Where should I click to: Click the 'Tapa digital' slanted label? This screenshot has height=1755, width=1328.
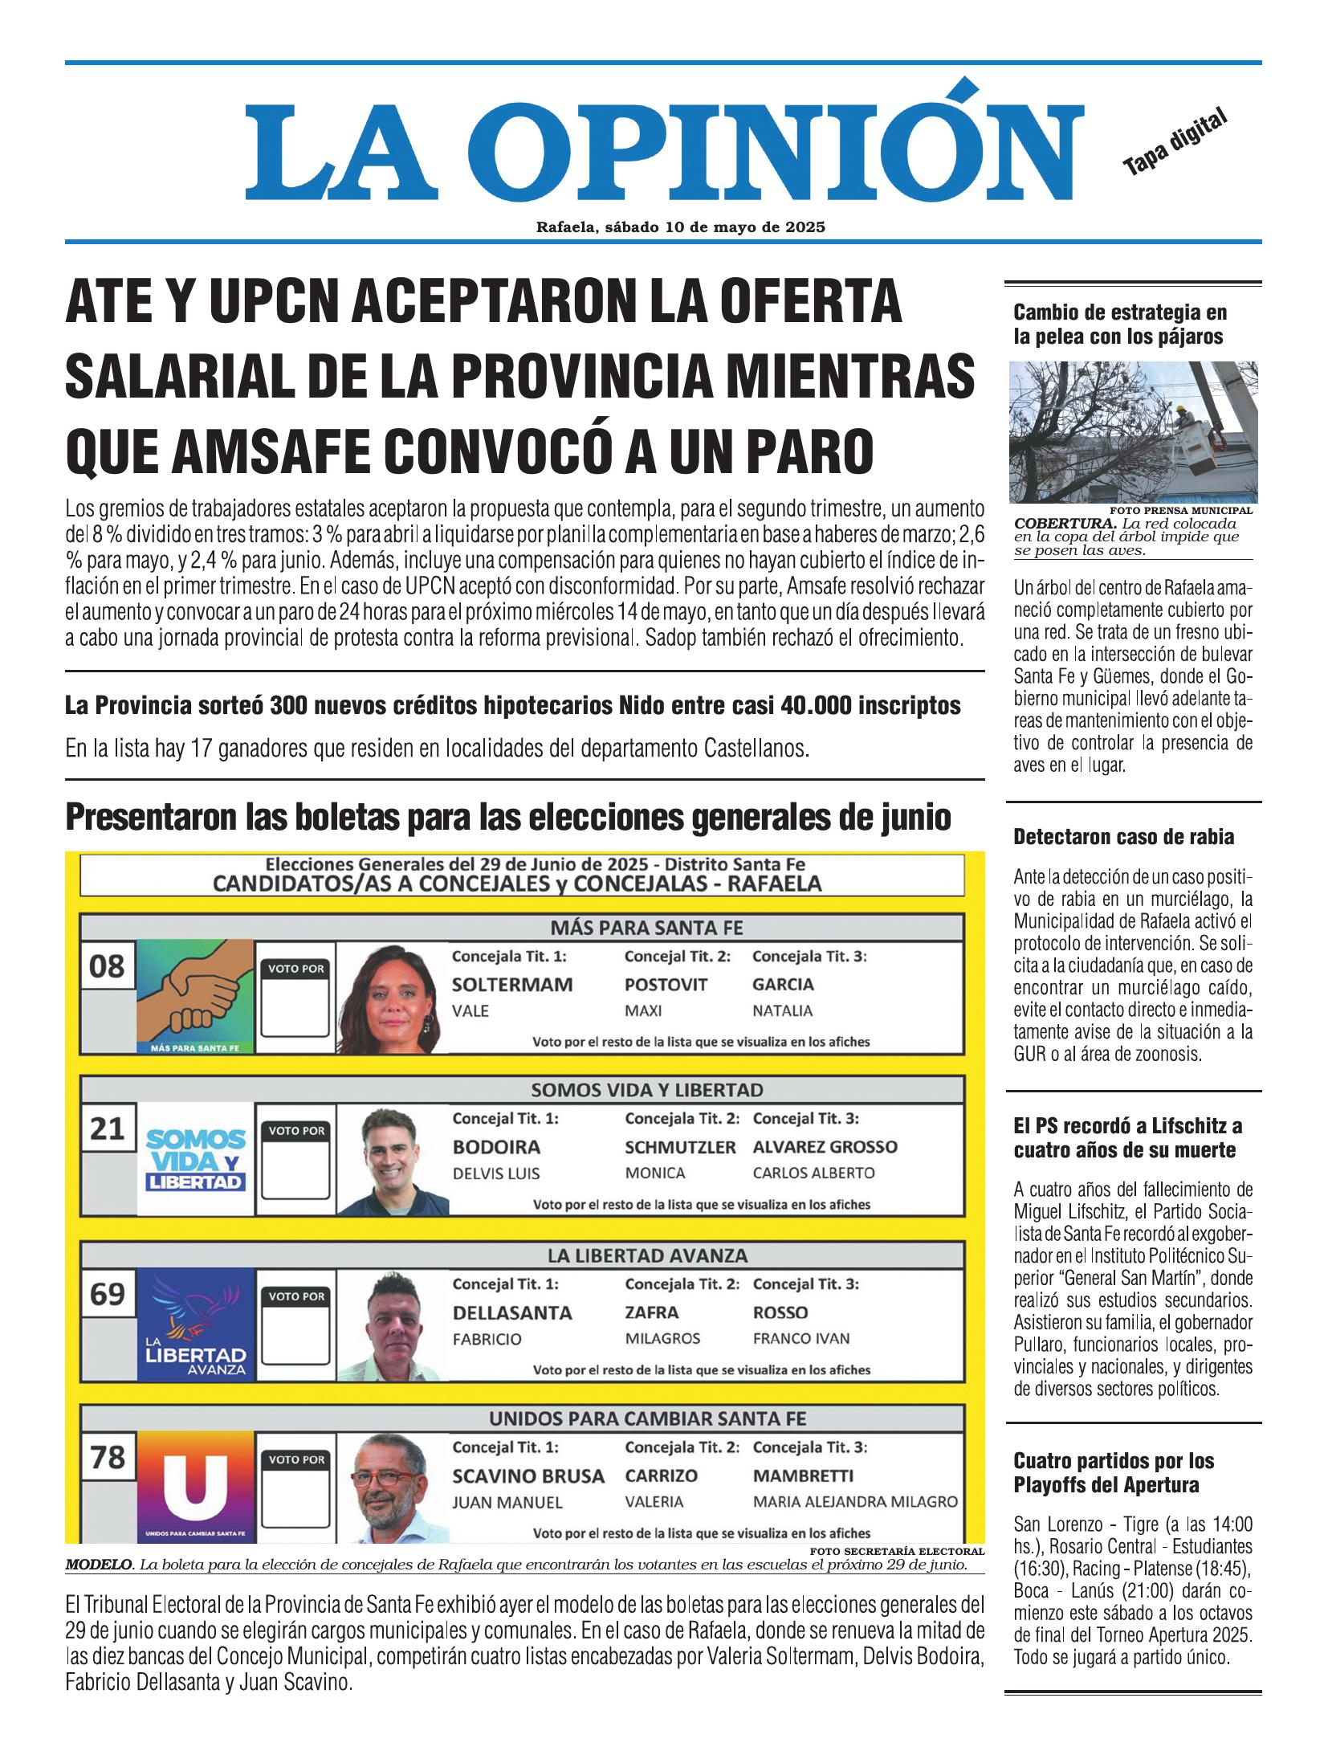click(x=1175, y=141)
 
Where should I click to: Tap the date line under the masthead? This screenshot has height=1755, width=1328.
click(x=681, y=227)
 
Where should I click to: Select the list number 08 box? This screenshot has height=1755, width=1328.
click(x=108, y=965)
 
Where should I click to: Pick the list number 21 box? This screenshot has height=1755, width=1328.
click(x=108, y=1129)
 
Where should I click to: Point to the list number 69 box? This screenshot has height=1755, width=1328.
click(x=108, y=1294)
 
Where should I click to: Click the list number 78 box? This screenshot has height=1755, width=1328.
click(x=108, y=1456)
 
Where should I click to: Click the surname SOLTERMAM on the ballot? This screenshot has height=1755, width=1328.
click(x=512, y=985)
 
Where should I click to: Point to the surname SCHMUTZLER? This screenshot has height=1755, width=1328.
click(x=680, y=1147)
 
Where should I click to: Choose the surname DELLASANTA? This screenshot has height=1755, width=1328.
click(x=512, y=1312)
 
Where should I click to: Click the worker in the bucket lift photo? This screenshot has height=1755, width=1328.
click(x=1186, y=417)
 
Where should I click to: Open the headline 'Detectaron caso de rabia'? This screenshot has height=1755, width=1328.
click(x=1123, y=837)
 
